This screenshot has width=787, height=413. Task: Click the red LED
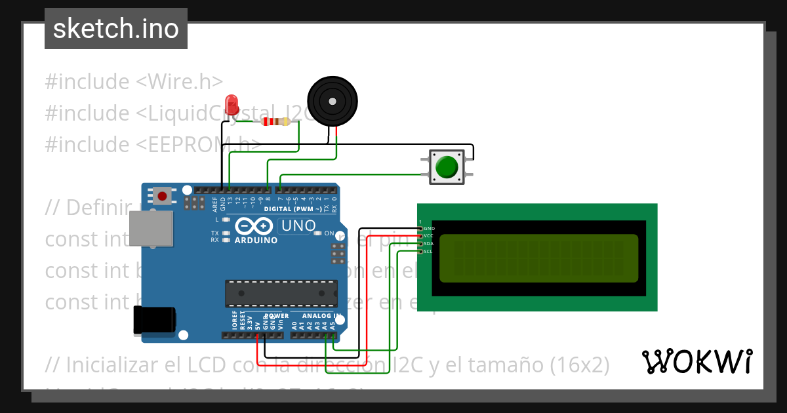[231, 105]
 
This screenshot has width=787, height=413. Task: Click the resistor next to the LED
[275, 121]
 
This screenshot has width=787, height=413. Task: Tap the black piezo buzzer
[333, 101]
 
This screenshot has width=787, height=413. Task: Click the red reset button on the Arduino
[163, 195]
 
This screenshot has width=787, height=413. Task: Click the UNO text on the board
[298, 226]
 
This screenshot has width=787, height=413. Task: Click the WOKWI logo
[696, 361]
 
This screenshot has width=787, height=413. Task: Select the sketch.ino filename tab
[116, 29]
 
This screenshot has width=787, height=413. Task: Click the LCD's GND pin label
[429, 229]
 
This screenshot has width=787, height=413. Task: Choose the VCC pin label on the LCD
[429, 236]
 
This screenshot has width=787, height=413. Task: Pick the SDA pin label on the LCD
[429, 244]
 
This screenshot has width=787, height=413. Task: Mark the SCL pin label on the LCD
[428, 251]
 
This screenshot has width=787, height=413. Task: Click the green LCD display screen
[538, 258]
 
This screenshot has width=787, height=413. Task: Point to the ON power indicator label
[329, 233]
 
